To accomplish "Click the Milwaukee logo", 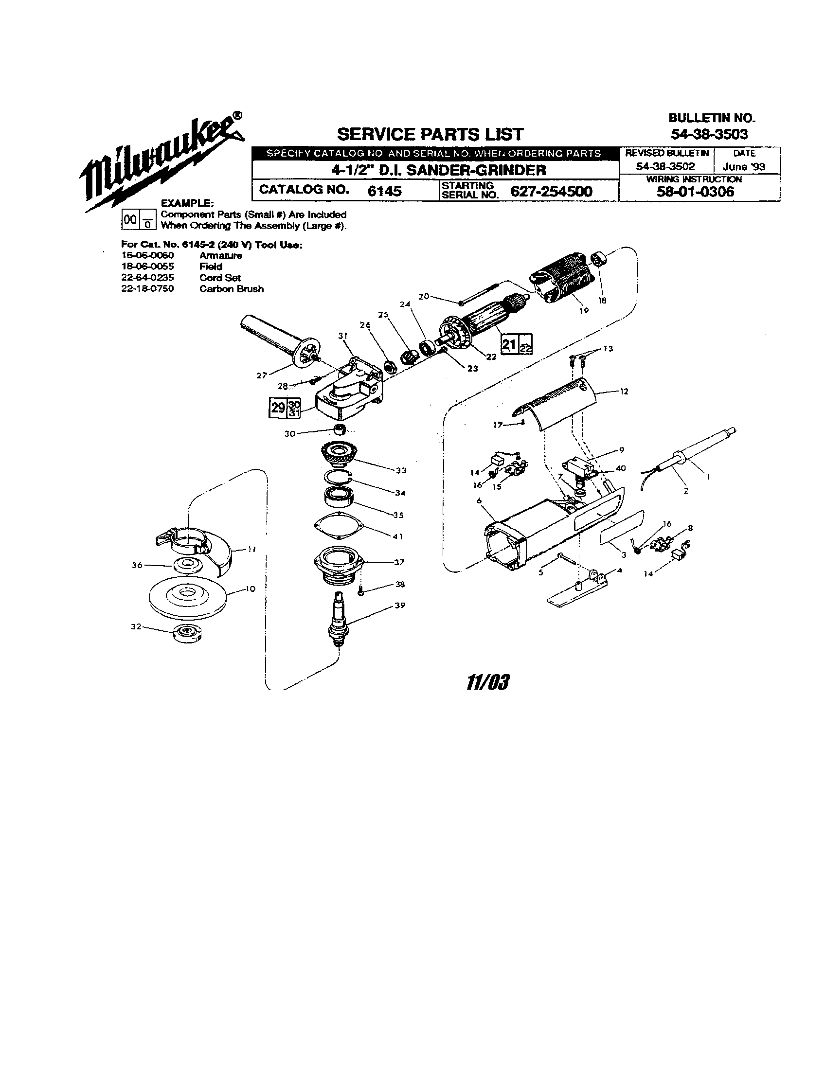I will (161, 161).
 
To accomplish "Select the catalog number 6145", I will (385, 191).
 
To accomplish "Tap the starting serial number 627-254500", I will (551, 191).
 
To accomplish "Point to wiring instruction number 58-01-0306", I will (695, 192).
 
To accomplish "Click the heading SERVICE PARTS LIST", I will (430, 134).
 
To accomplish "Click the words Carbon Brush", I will (231, 289).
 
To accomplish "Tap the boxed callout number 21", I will (509, 344).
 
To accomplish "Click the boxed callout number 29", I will (278, 408).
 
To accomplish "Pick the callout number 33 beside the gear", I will (401, 471).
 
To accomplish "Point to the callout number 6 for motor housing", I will (479, 500).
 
